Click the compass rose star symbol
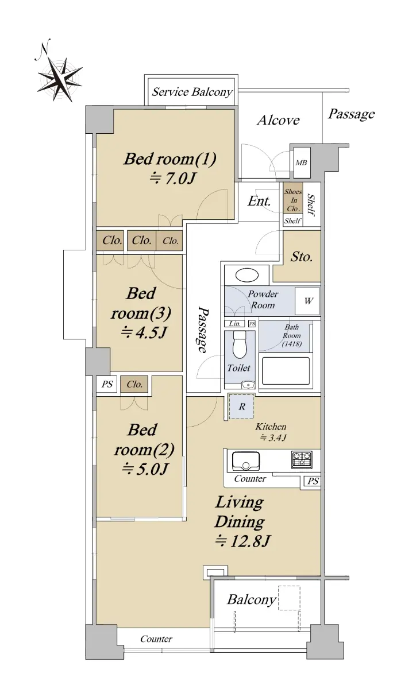pos(60,79)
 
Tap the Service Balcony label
pos(192,92)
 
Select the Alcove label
pos(278,120)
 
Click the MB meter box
pos(301,162)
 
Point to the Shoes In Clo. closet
pos(292,200)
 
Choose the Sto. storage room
pos(301,257)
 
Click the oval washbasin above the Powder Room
pos(246,274)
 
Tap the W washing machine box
pos(307,300)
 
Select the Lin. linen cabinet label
pos(235,324)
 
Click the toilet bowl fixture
pos(240,344)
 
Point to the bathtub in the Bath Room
pos(286,371)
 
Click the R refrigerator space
pos(241,407)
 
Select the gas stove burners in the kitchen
pos(302,459)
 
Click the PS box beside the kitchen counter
pos(313,481)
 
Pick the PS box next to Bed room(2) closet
pos(107,384)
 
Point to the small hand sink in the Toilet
pos(248,385)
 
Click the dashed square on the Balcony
pos(289,598)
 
